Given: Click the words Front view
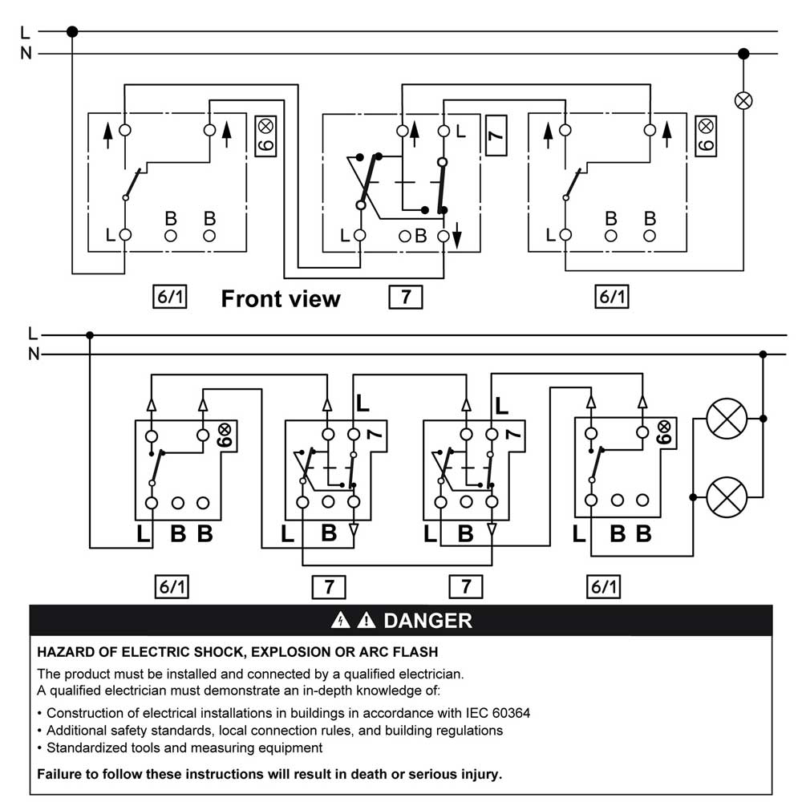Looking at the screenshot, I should coord(281,299).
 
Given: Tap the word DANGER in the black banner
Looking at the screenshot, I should coord(427,620).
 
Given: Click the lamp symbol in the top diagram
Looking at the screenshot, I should coord(743,100).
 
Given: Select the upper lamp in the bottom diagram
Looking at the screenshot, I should coord(725,419).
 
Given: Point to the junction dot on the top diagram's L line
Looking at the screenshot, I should coord(72,32).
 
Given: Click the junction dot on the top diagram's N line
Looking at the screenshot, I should coord(743,54).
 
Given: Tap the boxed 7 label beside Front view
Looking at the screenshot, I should coord(406,298).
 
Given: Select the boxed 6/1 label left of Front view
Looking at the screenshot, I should coord(170,298).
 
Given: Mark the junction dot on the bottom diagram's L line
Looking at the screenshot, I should coord(90,335).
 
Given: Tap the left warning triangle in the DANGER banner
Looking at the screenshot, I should coord(342,620).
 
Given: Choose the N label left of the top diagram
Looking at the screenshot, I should coord(26,55).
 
